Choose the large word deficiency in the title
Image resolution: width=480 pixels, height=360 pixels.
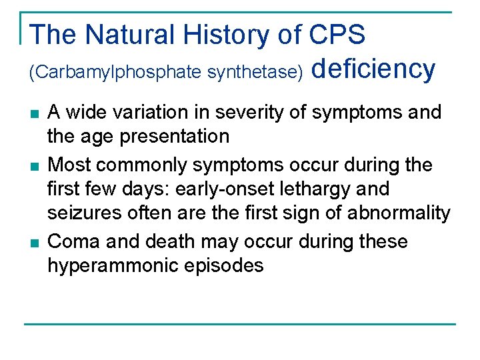[373, 69]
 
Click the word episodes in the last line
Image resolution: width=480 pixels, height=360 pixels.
[224, 266]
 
